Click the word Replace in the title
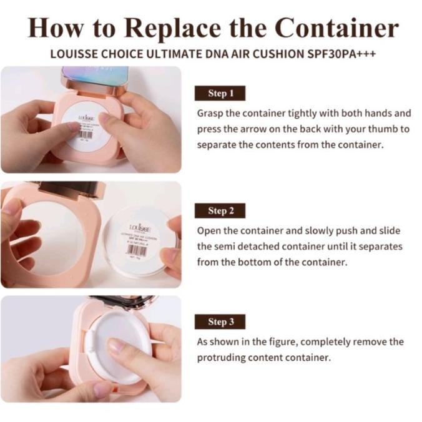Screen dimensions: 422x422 [168, 29]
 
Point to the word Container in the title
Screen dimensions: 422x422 [336, 29]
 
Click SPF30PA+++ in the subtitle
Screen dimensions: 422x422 [341, 54]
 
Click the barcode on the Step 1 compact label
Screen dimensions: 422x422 [86, 134]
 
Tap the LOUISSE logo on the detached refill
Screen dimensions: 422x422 [138, 228]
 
